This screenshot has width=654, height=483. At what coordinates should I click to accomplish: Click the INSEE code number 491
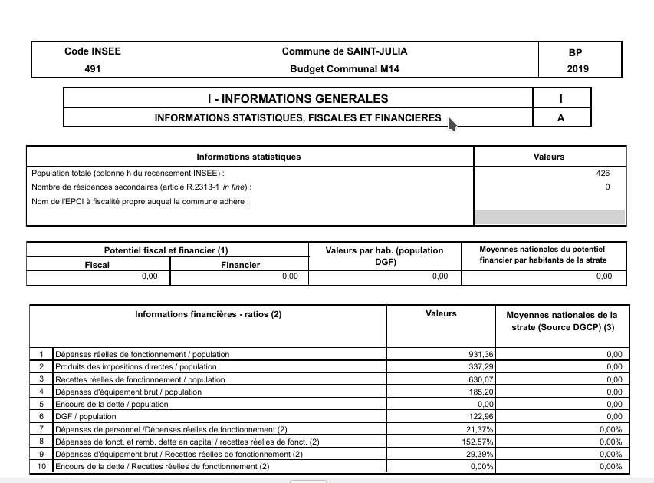click(x=93, y=68)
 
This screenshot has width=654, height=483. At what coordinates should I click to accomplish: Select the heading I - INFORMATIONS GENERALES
click(x=297, y=98)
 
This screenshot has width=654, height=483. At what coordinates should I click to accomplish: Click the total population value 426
click(x=603, y=174)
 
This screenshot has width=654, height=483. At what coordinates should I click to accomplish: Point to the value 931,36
click(x=481, y=355)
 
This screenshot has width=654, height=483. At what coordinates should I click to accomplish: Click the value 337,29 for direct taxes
click(x=481, y=367)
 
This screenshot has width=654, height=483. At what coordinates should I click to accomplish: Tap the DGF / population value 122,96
click(x=481, y=417)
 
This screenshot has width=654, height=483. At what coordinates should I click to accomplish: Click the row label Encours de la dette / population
click(x=112, y=404)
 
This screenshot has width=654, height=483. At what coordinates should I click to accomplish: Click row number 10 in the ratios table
click(x=41, y=466)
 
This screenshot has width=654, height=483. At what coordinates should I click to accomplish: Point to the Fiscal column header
click(x=97, y=265)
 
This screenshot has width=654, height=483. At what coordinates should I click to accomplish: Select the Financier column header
click(x=239, y=265)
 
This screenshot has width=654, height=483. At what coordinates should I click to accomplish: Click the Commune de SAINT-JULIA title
click(x=344, y=51)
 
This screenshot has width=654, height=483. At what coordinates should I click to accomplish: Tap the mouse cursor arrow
click(x=452, y=124)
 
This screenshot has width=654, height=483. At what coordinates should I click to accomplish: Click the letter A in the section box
click(x=562, y=117)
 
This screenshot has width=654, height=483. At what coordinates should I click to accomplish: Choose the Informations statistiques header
click(x=248, y=157)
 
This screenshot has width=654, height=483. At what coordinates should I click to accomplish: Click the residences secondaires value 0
click(x=607, y=187)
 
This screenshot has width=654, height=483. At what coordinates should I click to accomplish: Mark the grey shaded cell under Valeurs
click(x=550, y=217)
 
